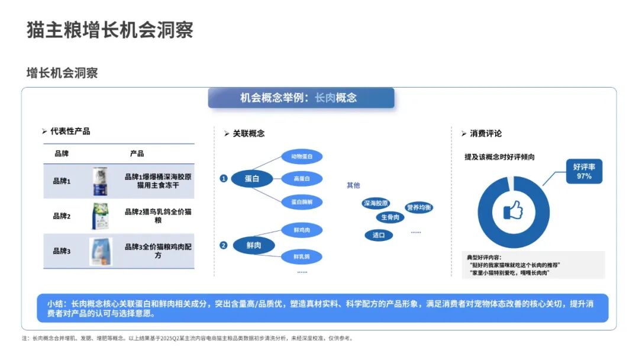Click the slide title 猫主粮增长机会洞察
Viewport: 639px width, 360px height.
pos(110,30)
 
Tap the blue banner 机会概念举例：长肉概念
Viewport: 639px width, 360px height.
pos(301,98)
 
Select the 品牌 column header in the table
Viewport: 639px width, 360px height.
pos(62,153)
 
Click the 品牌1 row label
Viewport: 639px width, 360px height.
pos(62,181)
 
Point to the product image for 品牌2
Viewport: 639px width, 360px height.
pos(100,216)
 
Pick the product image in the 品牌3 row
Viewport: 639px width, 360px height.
pos(101,251)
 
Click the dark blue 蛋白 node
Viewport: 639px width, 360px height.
pos(252,178)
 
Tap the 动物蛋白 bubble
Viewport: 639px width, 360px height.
pos(302,157)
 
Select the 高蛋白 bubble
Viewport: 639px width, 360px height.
pos(302,178)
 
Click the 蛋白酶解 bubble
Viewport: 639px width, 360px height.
pos(302,201)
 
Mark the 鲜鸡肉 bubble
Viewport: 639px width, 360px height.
pos(302,229)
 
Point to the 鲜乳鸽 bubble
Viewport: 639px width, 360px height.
pos(302,256)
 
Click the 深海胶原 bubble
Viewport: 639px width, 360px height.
pos(376,204)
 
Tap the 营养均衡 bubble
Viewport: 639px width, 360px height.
pos(419,208)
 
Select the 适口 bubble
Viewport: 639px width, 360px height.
pos(379,235)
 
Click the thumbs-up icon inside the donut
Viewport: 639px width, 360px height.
pos(512,210)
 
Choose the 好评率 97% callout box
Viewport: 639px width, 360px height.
pos(584,172)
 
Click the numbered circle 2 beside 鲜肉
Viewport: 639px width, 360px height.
pos(224,245)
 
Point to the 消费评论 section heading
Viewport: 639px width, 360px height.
pos(485,134)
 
